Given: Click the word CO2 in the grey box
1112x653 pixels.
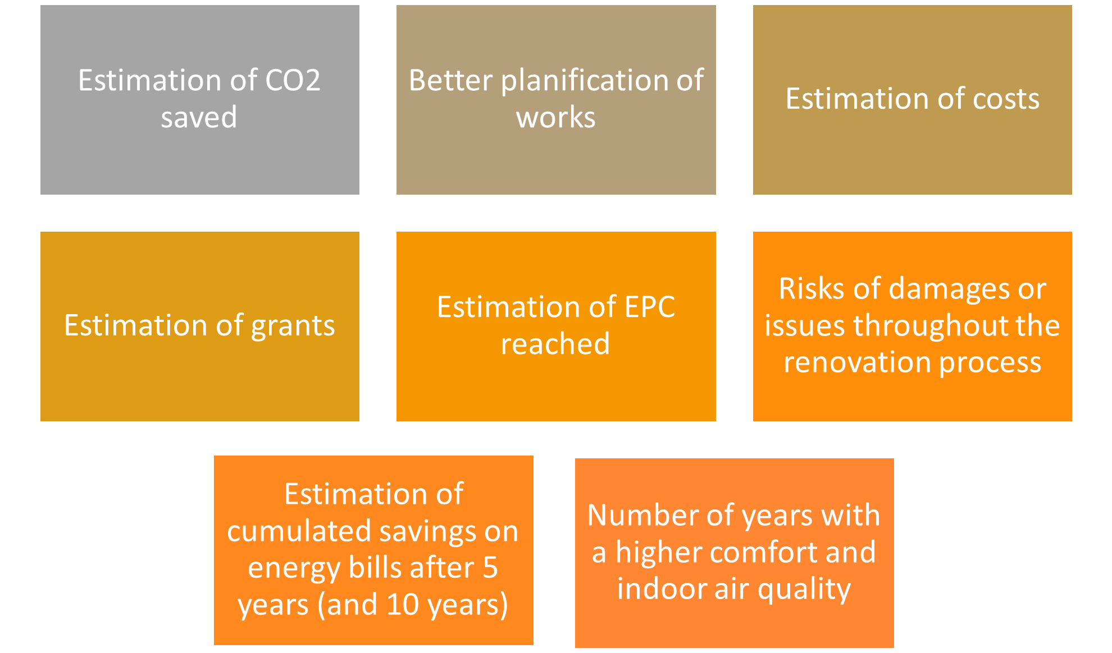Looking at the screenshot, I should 293,80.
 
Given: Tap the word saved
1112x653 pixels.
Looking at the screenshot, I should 199,118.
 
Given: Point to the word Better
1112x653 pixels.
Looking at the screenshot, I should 450,80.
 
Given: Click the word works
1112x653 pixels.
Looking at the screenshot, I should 556,118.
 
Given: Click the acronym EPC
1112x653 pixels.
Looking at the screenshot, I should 650,307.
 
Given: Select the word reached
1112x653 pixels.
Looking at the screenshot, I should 555,344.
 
